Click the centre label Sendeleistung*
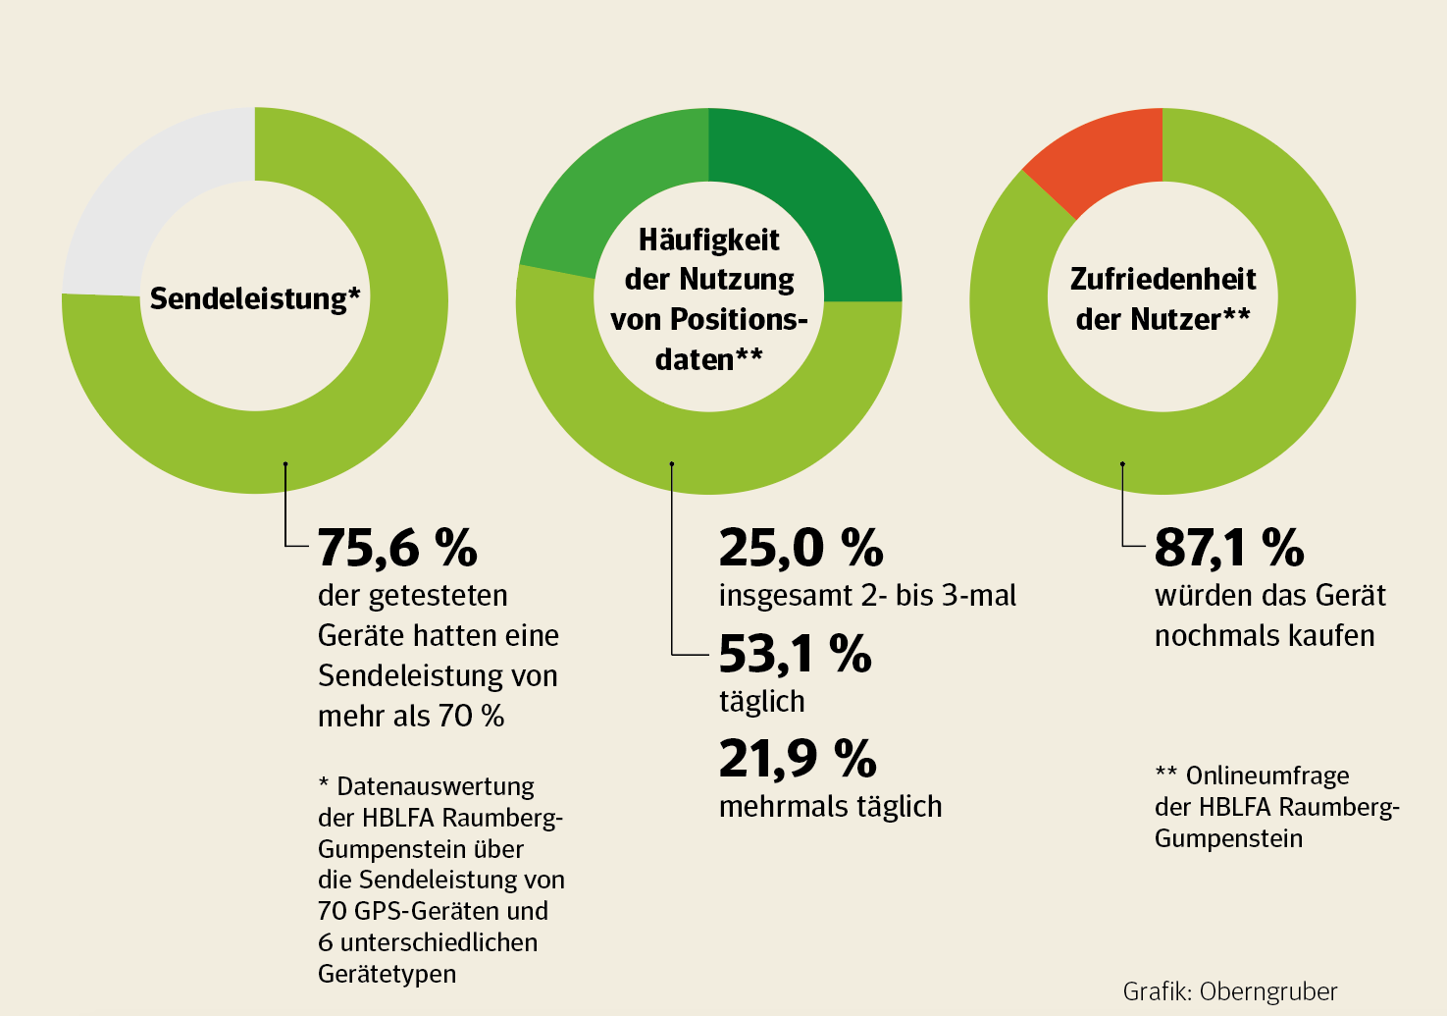(x=255, y=298)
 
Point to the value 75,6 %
(x=397, y=548)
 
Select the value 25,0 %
(x=801, y=548)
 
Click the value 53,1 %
(x=795, y=654)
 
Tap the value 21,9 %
(x=797, y=759)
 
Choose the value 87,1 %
(x=1228, y=548)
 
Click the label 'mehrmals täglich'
(x=830, y=807)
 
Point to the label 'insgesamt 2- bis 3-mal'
(x=867, y=596)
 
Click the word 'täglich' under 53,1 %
(x=761, y=702)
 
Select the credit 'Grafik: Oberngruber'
(x=1229, y=991)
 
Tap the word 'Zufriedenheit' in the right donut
(x=1163, y=279)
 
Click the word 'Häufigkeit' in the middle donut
(x=708, y=240)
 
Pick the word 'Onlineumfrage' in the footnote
(x=1267, y=775)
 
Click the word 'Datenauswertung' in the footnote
(x=436, y=786)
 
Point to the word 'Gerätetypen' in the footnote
(x=387, y=974)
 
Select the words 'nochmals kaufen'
(x=1264, y=636)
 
